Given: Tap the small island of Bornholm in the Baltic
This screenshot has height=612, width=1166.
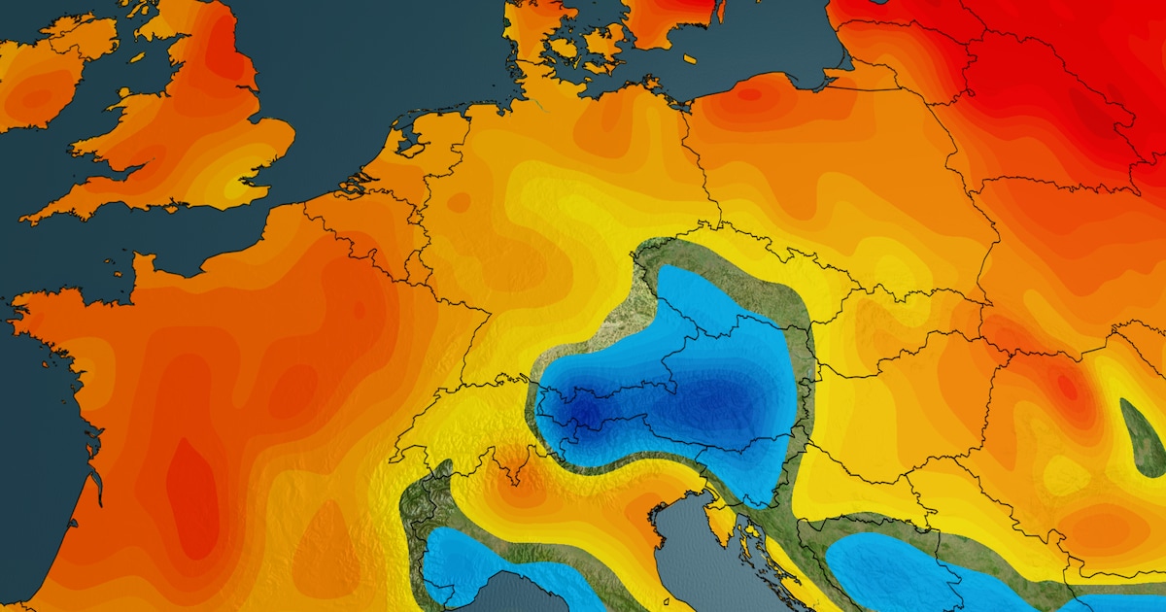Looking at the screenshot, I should coord(689,59).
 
